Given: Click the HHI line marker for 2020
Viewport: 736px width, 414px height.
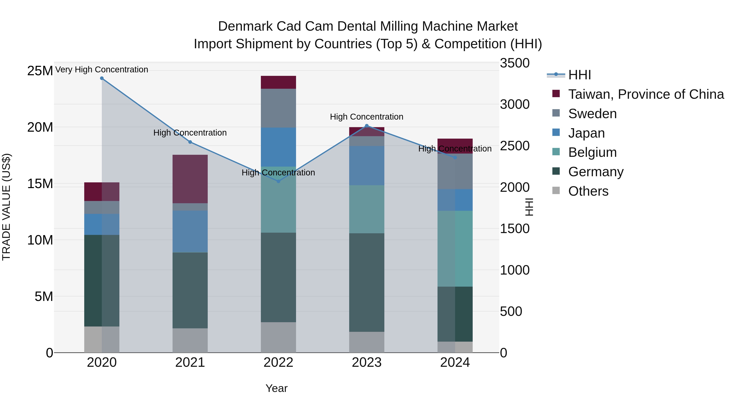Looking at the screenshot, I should coord(102,78).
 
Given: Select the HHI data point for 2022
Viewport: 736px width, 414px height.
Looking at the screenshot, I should coord(279,181).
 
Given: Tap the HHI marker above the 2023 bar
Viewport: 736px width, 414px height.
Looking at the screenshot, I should coord(367,126).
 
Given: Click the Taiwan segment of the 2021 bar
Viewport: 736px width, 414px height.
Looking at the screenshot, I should coord(190,179).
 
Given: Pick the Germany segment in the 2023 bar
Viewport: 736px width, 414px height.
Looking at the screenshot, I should coord(367,282).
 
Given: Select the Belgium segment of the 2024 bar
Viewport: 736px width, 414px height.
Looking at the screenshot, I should coord(455,249).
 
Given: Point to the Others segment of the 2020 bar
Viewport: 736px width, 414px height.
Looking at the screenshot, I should coord(102,339).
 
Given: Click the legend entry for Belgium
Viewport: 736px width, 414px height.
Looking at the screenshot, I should coord(592,152).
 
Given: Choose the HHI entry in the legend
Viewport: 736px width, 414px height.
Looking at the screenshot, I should coord(579,75).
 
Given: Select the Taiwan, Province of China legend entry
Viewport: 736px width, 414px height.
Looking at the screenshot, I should coord(646,94).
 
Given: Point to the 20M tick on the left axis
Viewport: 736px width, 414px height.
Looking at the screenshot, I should coord(40,127).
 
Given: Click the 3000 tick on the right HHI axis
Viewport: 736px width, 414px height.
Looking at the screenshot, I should coord(515,104).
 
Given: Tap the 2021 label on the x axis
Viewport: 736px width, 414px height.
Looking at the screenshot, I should coord(190,362).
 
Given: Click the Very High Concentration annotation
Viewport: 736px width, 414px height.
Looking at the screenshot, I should coord(102,70).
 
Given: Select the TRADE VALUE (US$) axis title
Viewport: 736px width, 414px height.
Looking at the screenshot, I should coord(6,207).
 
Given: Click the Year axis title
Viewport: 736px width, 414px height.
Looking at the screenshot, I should coord(276,388).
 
